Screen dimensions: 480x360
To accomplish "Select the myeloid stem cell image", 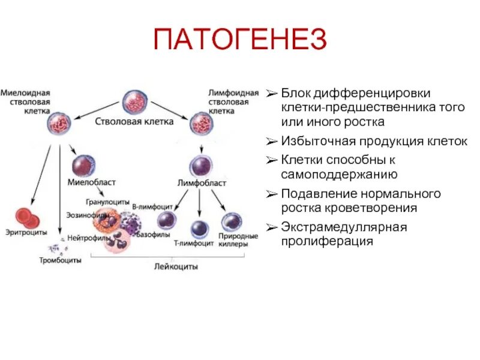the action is tap(60, 125).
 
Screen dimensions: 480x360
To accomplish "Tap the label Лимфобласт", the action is tap(202, 182).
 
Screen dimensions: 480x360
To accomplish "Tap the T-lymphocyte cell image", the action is tap(200, 229).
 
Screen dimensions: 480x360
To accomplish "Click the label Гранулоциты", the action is tap(103, 202).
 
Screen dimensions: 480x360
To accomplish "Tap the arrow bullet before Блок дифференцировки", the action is tap(272, 94).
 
